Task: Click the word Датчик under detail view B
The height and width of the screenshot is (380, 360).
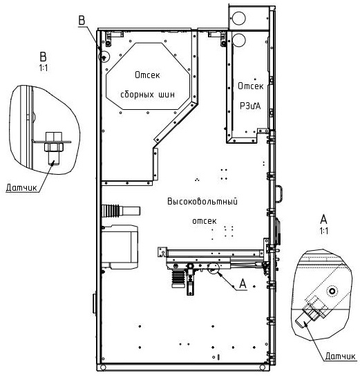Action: point(21,187)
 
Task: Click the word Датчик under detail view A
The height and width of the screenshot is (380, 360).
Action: point(340,356)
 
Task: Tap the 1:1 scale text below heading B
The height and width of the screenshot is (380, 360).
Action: point(44,68)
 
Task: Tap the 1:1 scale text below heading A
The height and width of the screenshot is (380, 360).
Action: point(324,231)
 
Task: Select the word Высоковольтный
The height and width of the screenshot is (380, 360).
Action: point(202,201)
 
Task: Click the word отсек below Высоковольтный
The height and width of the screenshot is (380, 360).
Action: point(205,221)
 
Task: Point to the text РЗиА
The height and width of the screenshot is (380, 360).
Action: point(250,106)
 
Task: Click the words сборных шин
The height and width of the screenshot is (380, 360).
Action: point(147,94)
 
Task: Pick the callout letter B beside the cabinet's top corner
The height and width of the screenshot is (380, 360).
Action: point(82,20)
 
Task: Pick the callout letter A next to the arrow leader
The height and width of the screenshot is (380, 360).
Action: point(243,283)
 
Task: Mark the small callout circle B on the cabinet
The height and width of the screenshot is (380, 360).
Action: point(104,57)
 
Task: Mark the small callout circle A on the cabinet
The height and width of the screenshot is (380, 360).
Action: point(214,267)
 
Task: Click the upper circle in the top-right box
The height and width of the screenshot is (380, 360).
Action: point(239,18)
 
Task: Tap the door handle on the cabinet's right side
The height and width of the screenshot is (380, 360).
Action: point(279,193)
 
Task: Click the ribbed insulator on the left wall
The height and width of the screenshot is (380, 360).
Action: point(111,210)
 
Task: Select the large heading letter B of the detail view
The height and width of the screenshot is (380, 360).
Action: point(43,57)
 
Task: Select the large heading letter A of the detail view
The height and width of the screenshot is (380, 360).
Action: point(324,219)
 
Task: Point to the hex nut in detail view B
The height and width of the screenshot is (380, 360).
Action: point(54,147)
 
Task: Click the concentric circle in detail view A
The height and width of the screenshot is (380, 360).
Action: point(332,291)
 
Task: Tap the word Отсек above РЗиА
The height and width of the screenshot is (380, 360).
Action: point(250,86)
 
